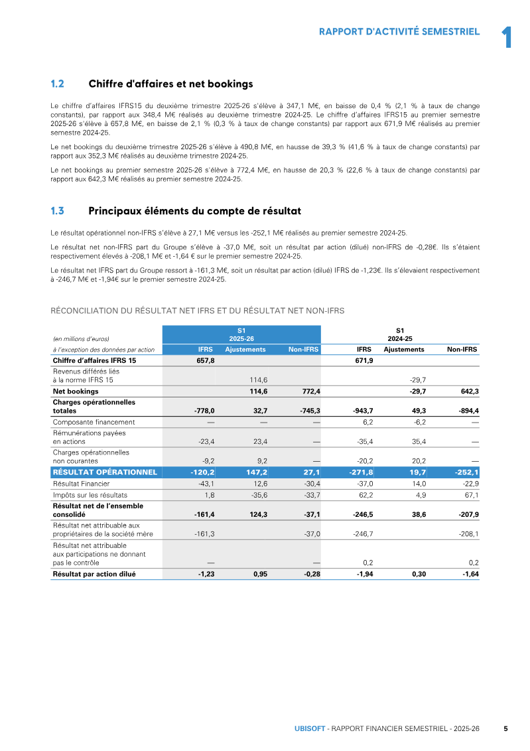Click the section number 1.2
click(57, 84)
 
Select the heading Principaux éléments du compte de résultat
click(194, 211)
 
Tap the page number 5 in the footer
click(505, 728)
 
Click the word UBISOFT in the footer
click(309, 728)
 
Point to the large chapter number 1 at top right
click(506, 37)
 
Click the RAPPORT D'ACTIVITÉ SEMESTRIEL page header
click(399, 31)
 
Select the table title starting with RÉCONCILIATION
click(198, 310)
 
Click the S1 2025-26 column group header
click(241, 334)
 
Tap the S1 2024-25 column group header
click(399, 334)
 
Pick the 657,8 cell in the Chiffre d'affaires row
click(206, 360)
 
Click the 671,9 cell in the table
click(364, 360)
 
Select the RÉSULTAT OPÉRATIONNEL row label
click(105, 472)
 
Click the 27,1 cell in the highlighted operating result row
click(310, 472)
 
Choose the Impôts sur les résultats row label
click(90, 495)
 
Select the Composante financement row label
click(94, 422)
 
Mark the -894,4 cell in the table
click(467, 411)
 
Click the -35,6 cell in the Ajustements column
click(258, 495)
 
